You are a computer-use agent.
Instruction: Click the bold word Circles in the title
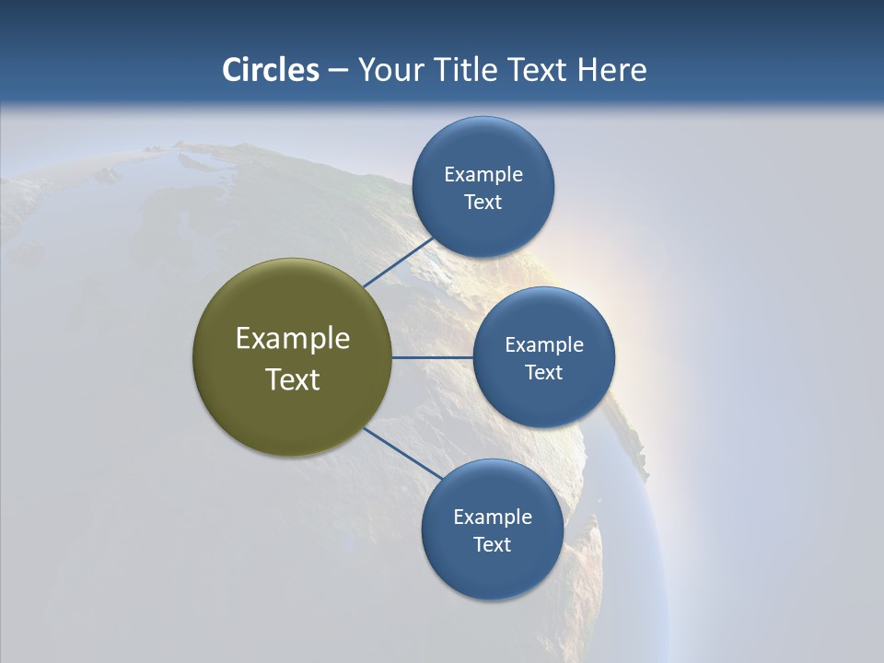271,70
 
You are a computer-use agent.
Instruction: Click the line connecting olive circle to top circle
398,262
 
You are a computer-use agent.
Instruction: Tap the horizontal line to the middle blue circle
433,357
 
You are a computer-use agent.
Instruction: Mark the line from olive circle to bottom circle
402,453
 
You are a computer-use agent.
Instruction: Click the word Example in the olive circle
293,339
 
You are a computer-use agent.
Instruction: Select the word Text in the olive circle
293,379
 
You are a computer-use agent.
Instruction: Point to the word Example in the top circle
483,175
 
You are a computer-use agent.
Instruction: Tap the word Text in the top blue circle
483,203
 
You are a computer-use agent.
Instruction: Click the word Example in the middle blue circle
544,345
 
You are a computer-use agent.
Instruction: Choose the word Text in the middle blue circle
543,373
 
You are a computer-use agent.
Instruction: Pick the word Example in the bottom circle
493,518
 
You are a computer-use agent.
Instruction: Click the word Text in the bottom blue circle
492,545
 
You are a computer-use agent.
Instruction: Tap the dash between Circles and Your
338,71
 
